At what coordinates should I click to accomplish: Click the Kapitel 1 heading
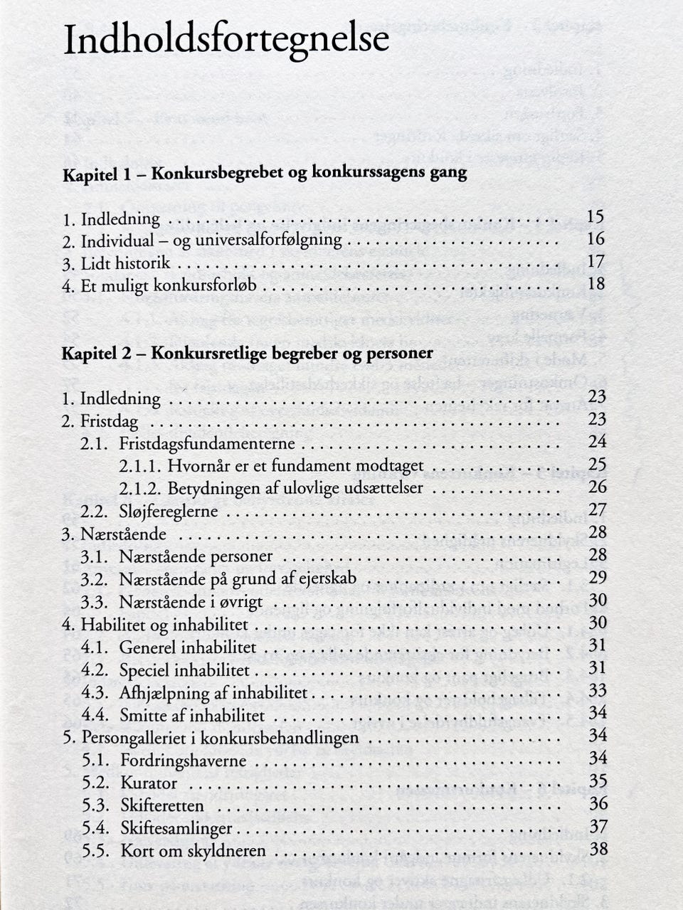(265, 173)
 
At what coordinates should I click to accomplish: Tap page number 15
(596, 217)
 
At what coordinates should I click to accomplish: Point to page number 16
(596, 239)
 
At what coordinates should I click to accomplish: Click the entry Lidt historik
(125, 263)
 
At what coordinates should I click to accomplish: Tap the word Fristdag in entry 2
(109, 421)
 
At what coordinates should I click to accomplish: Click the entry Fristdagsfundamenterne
(206, 443)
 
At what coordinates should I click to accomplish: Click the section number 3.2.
(94, 578)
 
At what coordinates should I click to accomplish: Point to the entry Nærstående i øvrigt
(191, 601)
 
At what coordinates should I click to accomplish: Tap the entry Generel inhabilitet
(187, 647)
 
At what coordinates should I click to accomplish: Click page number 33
(598, 690)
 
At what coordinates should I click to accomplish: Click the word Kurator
(149, 783)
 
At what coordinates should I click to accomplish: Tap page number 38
(598, 849)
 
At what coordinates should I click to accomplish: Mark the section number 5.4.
(95, 828)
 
